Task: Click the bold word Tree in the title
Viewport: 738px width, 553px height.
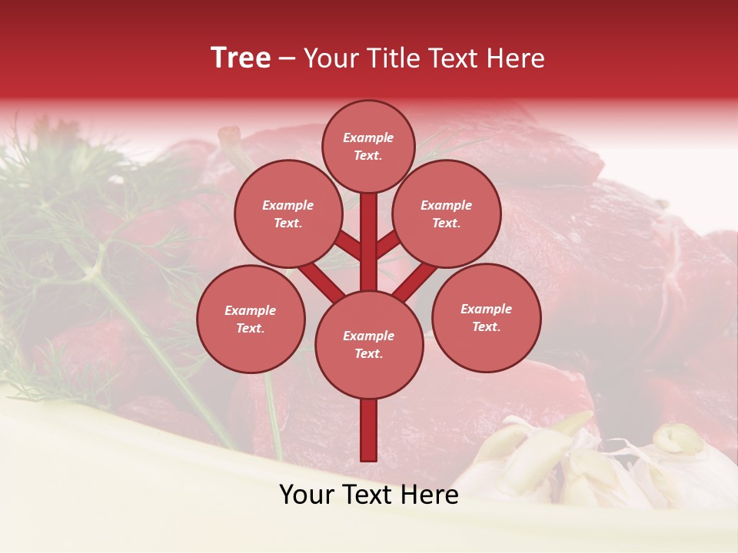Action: point(241,58)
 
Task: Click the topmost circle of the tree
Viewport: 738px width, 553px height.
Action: point(368,146)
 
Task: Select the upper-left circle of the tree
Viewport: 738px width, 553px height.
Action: point(288,214)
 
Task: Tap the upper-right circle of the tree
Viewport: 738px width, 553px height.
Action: point(447,214)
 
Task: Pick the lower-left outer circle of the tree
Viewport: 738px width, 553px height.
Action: point(251,319)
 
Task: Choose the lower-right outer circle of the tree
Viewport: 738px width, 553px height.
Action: point(486,317)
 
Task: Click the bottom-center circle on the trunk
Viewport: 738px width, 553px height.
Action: point(369,344)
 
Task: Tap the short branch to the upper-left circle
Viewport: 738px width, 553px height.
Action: point(349,246)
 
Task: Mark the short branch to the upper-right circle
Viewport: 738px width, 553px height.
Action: point(387,245)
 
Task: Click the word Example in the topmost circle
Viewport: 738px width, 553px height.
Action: point(368,137)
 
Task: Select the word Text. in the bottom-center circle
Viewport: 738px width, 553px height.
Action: point(368,353)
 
